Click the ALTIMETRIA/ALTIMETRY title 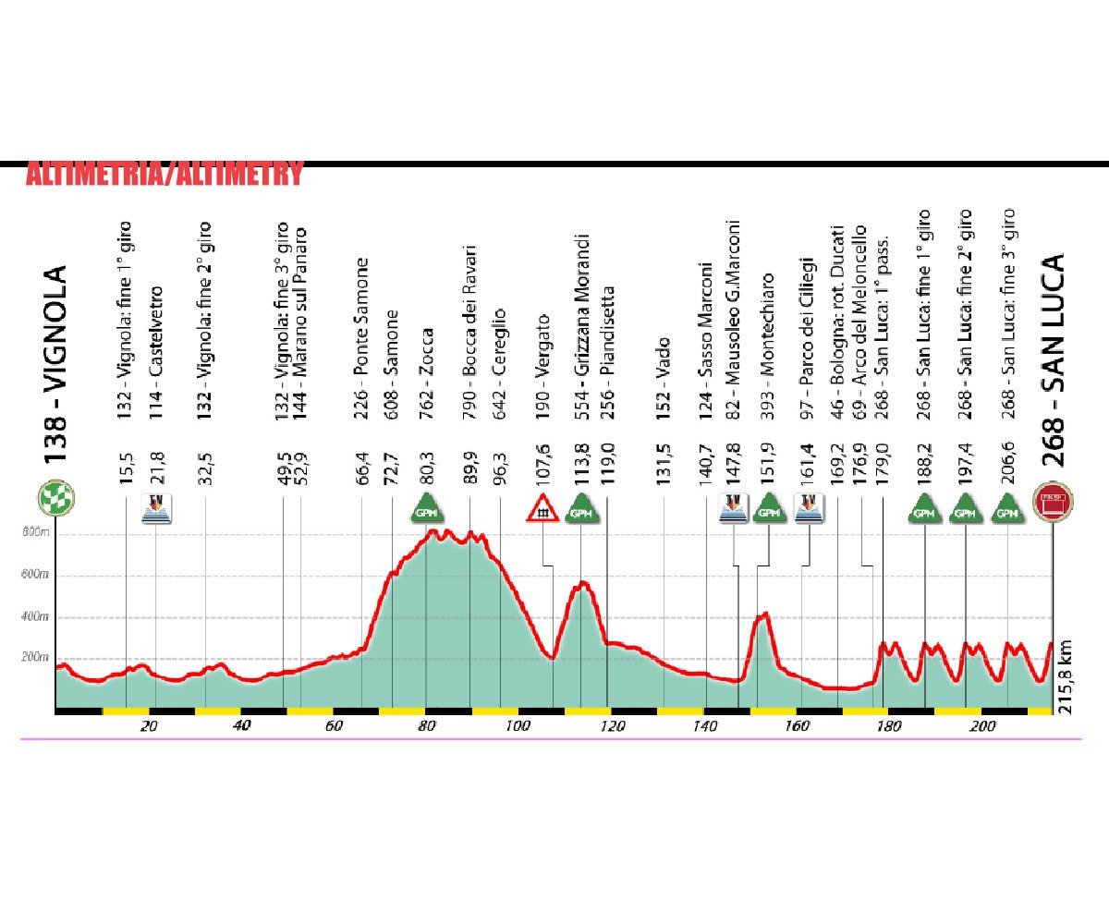pos(164,175)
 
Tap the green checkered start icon pos(55,500)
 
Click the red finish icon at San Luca pos(1052,502)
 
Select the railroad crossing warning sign pos(540,506)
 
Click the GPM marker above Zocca pos(427,506)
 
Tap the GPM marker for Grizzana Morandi pos(581,506)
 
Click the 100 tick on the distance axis pos(518,726)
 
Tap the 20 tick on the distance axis pos(149,726)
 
